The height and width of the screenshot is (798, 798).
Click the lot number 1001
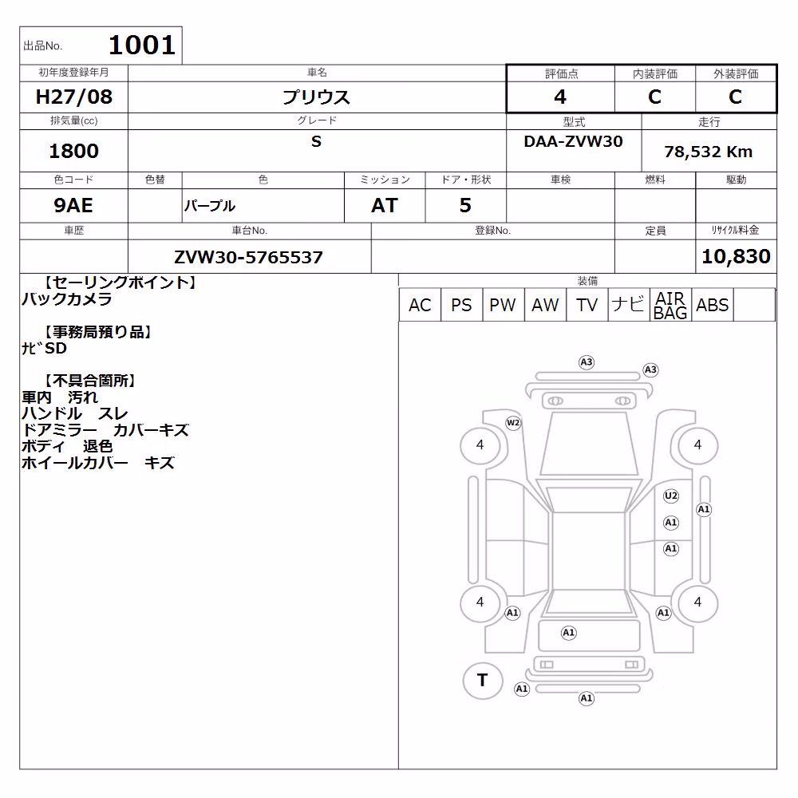pos(142,45)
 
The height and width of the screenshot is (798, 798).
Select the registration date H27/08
pos(73,97)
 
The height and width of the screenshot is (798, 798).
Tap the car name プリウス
pos(316,97)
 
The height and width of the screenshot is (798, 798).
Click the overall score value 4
pos(560,97)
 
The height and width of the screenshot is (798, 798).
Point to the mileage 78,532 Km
pos(708,152)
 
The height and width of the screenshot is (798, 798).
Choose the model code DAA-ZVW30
pos(573,141)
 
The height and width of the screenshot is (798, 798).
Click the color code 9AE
pos(73,205)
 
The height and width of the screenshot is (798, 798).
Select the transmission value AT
pos(385,205)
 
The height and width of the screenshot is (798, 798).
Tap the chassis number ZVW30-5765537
pos(248,257)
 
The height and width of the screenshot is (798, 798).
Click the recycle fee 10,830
pos(736,256)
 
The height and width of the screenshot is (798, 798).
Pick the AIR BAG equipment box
pos(671,304)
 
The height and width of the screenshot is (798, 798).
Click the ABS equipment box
pos(713,304)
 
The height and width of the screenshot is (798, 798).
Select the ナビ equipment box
pos(629,304)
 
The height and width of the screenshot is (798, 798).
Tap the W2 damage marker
pos(513,423)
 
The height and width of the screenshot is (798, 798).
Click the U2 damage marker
pos(671,496)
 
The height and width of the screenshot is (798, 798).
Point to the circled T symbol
pos(483,681)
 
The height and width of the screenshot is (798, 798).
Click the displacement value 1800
pos(73,151)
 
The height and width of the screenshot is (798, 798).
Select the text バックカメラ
pos(67,298)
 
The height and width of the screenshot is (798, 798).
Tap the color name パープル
pos(209,206)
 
